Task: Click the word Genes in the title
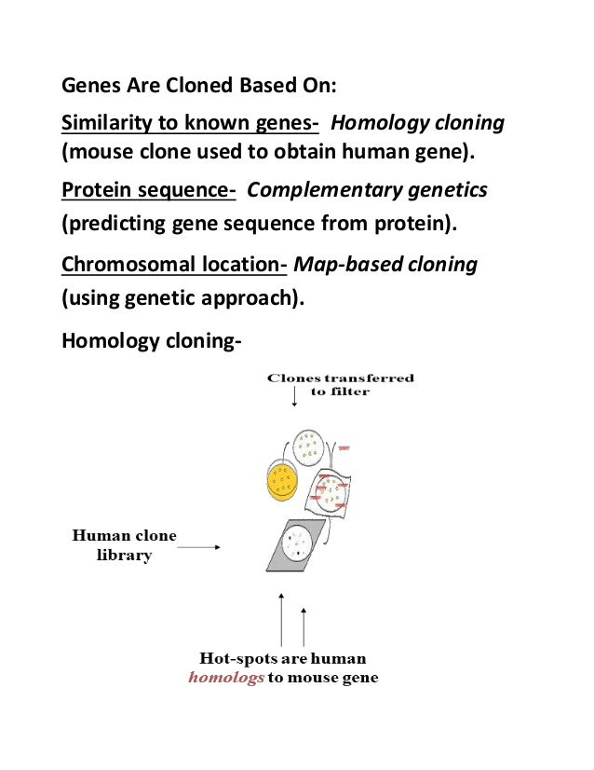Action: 88,89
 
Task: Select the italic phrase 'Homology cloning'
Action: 418,124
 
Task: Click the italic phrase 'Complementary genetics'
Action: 367,191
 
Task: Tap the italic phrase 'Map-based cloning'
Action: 385,265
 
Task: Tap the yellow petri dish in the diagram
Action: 280,482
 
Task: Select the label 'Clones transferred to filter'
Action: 341,385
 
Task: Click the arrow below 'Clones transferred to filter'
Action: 294,398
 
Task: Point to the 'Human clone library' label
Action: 124,545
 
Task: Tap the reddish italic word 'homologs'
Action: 226,678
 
